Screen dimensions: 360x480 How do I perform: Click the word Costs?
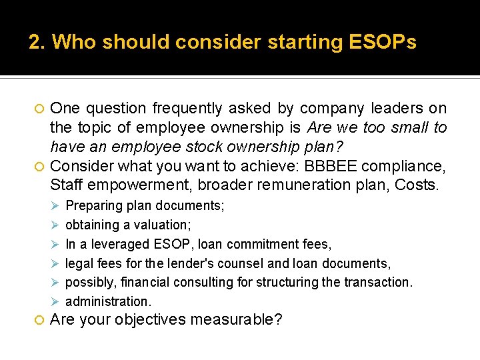(x=417, y=184)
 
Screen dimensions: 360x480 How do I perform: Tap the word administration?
(x=108, y=301)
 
